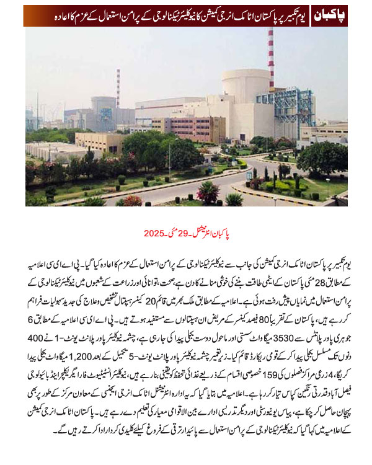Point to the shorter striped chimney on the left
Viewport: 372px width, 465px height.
click(x=118, y=87)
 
